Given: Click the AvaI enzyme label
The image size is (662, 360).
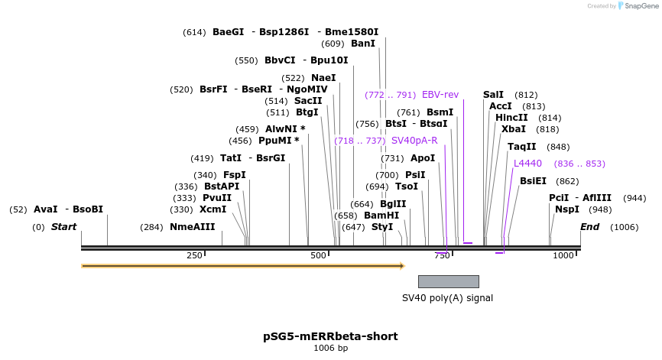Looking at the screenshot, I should [x=46, y=209].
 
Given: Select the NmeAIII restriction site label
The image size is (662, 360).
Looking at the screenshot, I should [x=193, y=227].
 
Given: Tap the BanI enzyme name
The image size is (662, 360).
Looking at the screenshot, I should [x=364, y=44].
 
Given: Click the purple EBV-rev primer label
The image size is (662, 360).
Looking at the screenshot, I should [x=440, y=95].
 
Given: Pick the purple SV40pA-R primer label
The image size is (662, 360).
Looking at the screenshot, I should [x=414, y=141].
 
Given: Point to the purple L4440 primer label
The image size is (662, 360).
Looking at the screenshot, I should [x=527, y=164].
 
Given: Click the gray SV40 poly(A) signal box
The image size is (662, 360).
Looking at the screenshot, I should [x=449, y=281].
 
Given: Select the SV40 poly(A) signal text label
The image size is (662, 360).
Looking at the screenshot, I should [x=448, y=298].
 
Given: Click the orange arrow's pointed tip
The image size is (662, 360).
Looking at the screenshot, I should [x=402, y=266].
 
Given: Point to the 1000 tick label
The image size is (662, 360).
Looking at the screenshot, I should [x=563, y=255].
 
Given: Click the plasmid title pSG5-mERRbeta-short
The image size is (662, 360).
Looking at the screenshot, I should [x=330, y=336].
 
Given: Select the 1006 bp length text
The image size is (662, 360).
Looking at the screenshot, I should [x=330, y=349].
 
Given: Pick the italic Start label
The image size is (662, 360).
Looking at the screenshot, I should [x=64, y=227].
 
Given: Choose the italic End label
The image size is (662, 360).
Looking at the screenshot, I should [x=590, y=227].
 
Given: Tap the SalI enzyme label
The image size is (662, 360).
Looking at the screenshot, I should [x=493, y=95].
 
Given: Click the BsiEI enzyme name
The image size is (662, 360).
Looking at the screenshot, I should [x=533, y=181].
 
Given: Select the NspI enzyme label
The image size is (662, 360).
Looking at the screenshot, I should [x=567, y=209].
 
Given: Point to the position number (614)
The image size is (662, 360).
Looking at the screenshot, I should [x=194, y=32].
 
